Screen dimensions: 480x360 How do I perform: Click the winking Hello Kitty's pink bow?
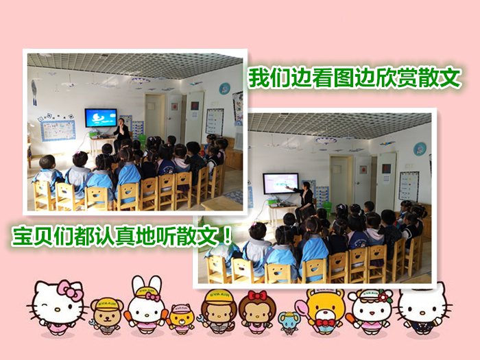tap(71, 289)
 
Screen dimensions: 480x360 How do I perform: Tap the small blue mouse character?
tap(289, 322)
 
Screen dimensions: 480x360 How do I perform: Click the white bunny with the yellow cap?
tap(146, 305)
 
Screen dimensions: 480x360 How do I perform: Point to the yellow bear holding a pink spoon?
tap(324, 311)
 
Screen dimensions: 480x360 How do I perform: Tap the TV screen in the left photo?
tap(101, 117)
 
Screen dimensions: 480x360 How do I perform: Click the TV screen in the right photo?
tap(280, 183)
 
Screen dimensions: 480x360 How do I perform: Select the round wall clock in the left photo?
tap(224, 88)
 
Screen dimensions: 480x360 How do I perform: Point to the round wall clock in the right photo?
tap(420, 149)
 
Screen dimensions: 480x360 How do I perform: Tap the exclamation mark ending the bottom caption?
tap(227, 235)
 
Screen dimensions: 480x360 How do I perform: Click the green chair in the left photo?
tap(143, 141)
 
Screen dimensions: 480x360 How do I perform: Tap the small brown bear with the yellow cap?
tap(106, 315)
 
